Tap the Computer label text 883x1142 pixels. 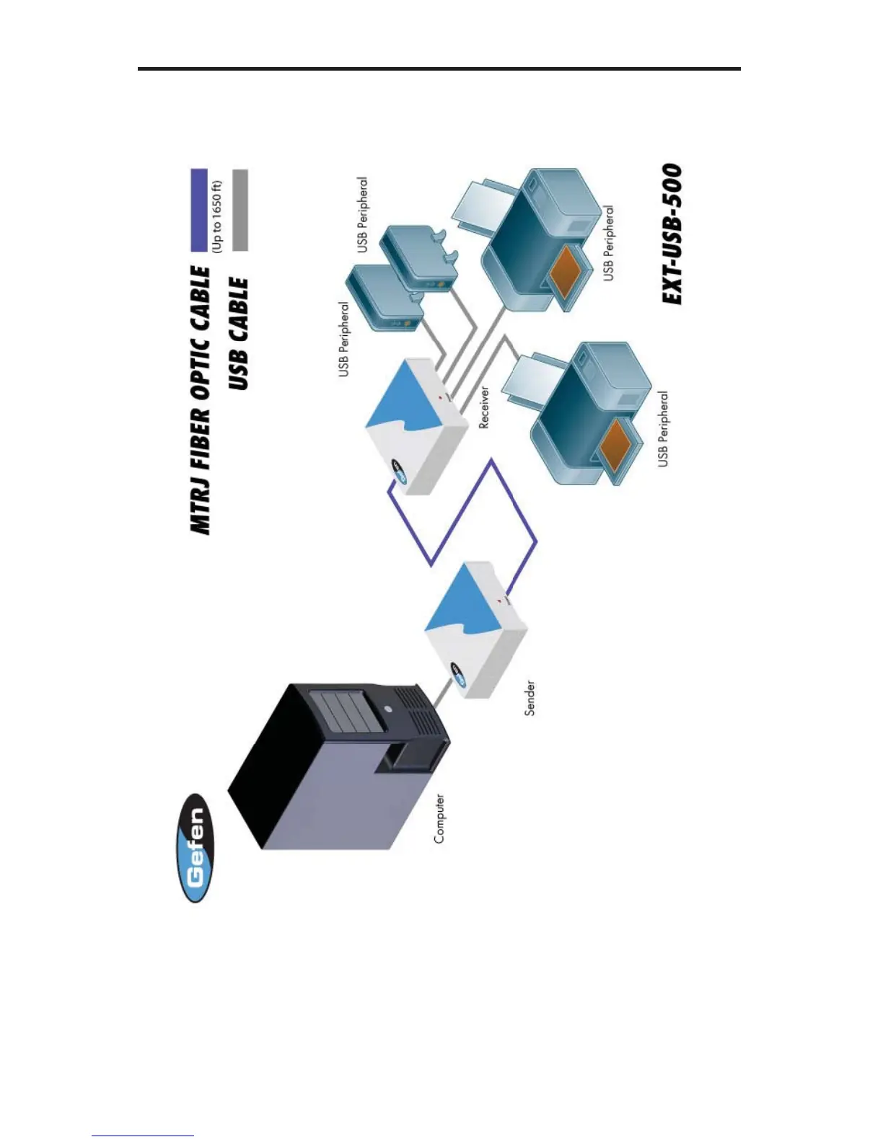pos(439,819)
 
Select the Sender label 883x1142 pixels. pos(530,698)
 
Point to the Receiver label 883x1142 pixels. pos(484,407)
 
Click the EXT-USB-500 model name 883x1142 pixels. pos(672,234)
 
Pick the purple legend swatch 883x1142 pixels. pos(199,210)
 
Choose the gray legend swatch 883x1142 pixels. pos(241,210)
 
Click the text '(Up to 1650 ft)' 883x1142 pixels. pos(217,216)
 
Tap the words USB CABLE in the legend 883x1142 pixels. pos(238,334)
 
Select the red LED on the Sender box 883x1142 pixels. pos(498,600)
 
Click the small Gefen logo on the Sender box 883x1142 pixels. pos(458,674)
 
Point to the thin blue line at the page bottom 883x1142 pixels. pos(143,1136)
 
